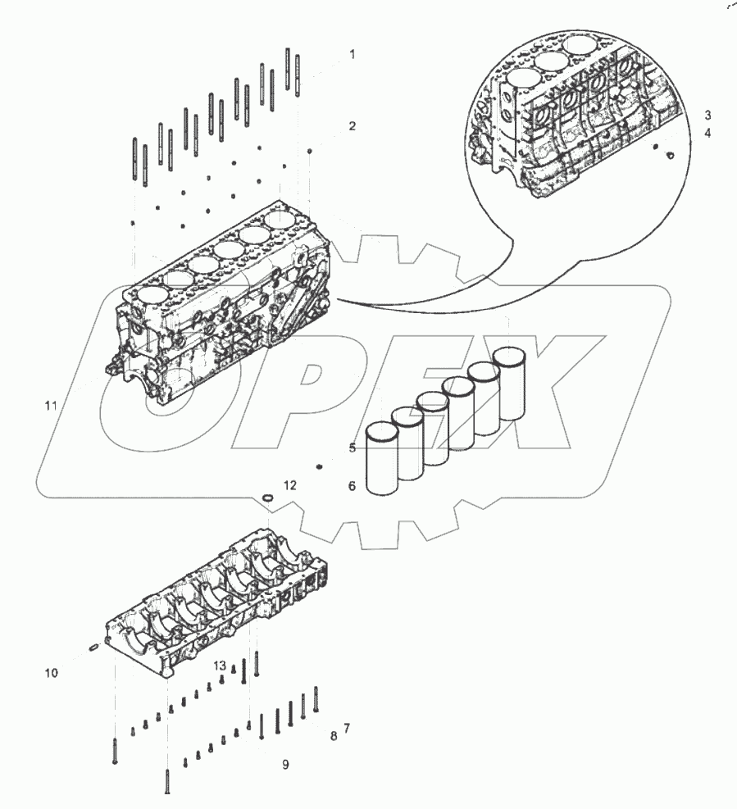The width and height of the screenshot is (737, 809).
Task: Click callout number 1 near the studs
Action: (352, 55)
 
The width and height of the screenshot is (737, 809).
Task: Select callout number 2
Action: (352, 126)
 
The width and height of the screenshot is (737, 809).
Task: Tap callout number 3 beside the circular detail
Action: (707, 115)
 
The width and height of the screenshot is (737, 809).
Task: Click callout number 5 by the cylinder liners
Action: (352, 448)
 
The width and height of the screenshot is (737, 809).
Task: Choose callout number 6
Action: (352, 486)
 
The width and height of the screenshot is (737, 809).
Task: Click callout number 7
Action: (347, 728)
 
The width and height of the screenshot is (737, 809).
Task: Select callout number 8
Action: (334, 736)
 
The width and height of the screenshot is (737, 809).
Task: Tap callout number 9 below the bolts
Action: (285, 765)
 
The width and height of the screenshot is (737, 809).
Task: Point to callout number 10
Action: (52, 673)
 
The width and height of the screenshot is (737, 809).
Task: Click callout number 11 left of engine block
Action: (52, 406)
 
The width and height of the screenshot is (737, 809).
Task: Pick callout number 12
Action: (290, 486)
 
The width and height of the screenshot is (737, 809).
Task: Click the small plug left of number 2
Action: (311, 152)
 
